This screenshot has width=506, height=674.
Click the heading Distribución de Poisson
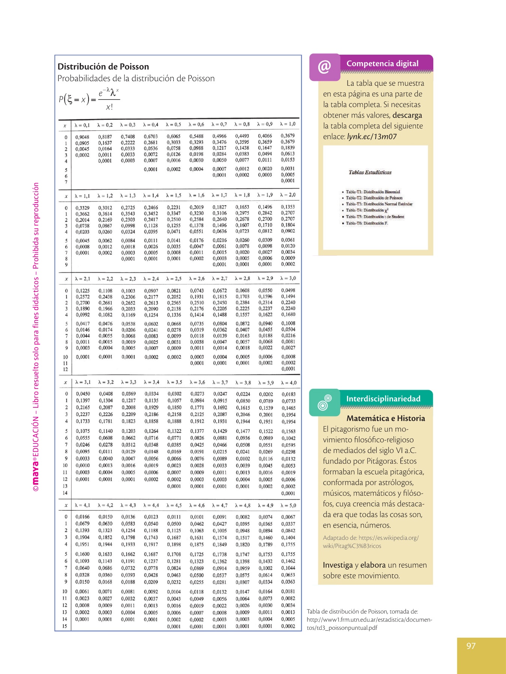103,67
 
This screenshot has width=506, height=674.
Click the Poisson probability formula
89,99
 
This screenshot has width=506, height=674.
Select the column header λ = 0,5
174,125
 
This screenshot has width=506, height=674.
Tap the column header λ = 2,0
288,195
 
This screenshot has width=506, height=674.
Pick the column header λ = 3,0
288,278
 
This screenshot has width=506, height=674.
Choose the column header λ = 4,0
289,383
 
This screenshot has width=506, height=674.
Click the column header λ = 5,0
288,505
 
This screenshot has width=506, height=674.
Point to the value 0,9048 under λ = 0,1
82,137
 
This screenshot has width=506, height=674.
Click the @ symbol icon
325,67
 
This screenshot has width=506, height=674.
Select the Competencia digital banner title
382,64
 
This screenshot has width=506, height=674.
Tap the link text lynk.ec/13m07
372,137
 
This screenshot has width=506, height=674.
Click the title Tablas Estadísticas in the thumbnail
370,173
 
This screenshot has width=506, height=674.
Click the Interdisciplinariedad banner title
383,399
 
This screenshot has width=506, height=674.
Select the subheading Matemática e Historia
386,418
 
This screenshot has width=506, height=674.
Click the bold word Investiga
338,565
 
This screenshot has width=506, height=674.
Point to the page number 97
471,646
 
